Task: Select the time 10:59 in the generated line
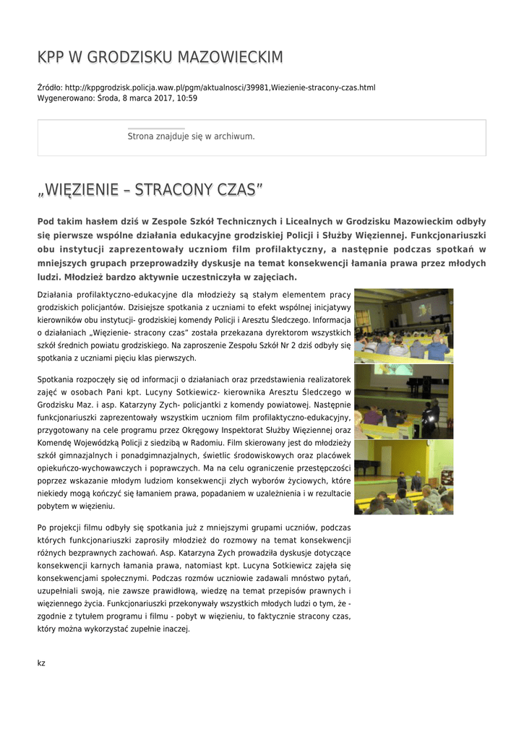coord(186,98)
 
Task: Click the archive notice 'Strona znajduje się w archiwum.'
coord(191,136)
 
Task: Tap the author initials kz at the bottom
coord(41,663)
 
